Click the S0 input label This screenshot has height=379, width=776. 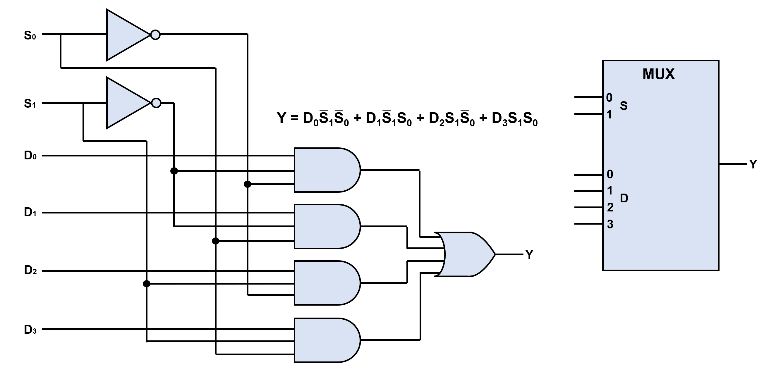(x=30, y=35)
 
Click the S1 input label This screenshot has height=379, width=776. (x=30, y=104)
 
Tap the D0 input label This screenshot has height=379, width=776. (x=30, y=156)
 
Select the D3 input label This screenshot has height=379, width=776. (x=30, y=330)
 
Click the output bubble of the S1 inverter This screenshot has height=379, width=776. (x=156, y=103)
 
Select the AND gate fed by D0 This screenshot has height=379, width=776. (x=325, y=170)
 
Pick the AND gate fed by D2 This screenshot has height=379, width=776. (x=325, y=283)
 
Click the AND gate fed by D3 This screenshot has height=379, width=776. (x=325, y=340)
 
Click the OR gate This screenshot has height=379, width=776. (x=467, y=254)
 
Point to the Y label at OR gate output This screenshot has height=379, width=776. (x=529, y=255)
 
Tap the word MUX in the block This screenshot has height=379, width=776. (x=658, y=74)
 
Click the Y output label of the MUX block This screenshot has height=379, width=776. (x=753, y=164)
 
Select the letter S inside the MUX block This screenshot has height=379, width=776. (x=624, y=106)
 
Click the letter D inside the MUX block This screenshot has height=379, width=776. (x=624, y=198)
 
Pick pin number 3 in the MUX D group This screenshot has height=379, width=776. (x=610, y=224)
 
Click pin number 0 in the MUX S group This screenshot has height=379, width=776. (x=609, y=98)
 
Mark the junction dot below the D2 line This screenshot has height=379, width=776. (x=146, y=284)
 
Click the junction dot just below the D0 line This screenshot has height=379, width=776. (x=174, y=171)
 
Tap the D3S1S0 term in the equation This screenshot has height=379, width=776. (x=514, y=119)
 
